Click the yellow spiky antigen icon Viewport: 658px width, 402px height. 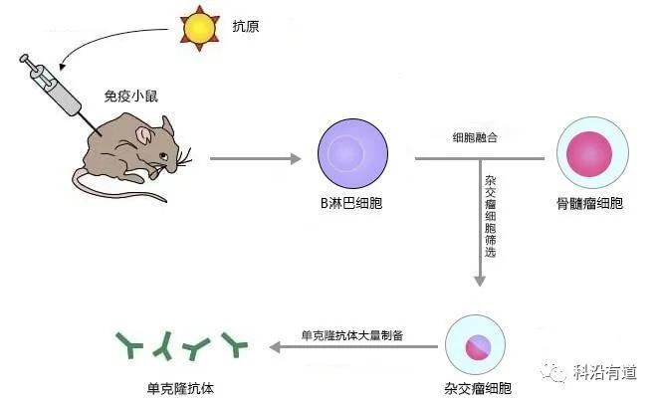pyautogui.click(x=200, y=28)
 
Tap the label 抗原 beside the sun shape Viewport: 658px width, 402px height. pyautogui.click(x=246, y=27)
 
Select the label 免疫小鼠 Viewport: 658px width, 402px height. pyautogui.click(x=131, y=97)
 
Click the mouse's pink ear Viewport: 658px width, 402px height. pyautogui.click(x=143, y=135)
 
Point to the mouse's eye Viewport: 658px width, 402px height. pyautogui.click(x=163, y=156)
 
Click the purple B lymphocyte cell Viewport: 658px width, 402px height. pyautogui.click(x=352, y=153)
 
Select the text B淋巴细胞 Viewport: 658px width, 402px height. pyautogui.click(x=351, y=204)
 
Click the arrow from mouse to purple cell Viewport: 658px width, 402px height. pyautogui.click(x=255, y=158)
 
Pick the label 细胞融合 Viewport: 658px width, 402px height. pyautogui.click(x=475, y=137)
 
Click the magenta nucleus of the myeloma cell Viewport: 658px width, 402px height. pyautogui.click(x=589, y=153)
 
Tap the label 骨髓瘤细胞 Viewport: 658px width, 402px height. pyautogui.click(x=589, y=204)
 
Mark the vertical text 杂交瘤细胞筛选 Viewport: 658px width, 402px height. pyautogui.click(x=490, y=216)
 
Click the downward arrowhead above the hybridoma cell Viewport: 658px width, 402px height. pyautogui.click(x=480, y=282)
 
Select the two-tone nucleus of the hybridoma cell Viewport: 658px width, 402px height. pyautogui.click(x=478, y=347)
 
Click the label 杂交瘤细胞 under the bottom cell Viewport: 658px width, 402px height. pyautogui.click(x=478, y=389)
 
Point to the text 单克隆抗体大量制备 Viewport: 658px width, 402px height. pyautogui.click(x=352, y=335)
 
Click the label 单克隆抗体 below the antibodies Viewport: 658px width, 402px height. pyautogui.click(x=180, y=389)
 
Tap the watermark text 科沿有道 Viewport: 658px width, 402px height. pyautogui.click(x=605, y=372)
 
